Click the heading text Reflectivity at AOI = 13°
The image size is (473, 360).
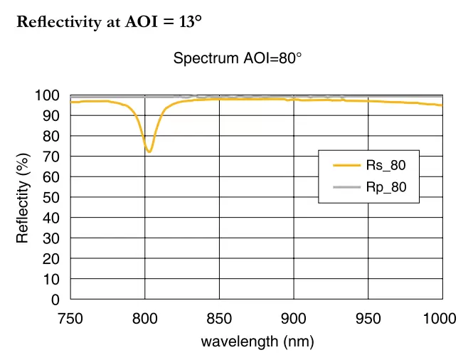click(109, 21)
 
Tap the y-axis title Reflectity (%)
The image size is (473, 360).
click(23, 198)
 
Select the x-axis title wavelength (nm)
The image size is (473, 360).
click(257, 342)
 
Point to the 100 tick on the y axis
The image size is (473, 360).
click(48, 95)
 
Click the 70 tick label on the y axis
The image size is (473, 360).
click(52, 157)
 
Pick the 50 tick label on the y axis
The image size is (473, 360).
click(52, 198)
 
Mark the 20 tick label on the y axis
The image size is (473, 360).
click(52, 259)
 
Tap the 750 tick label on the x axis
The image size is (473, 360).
click(70, 319)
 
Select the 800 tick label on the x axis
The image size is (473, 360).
click(144, 319)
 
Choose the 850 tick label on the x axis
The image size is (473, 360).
click(219, 319)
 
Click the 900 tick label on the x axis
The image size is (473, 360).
click(294, 319)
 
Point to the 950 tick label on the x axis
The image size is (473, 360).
click(368, 319)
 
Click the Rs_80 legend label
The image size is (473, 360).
click(386, 166)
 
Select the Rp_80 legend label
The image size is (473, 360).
click(386, 188)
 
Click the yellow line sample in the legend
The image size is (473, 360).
click(346, 166)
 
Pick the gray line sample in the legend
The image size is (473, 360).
click(346, 188)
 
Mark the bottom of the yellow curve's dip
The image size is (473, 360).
click(149, 152)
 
